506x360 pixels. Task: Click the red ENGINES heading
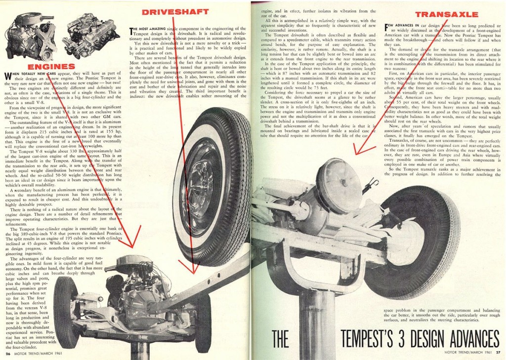51,66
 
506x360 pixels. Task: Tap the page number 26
8,353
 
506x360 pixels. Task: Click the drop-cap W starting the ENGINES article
8,76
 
